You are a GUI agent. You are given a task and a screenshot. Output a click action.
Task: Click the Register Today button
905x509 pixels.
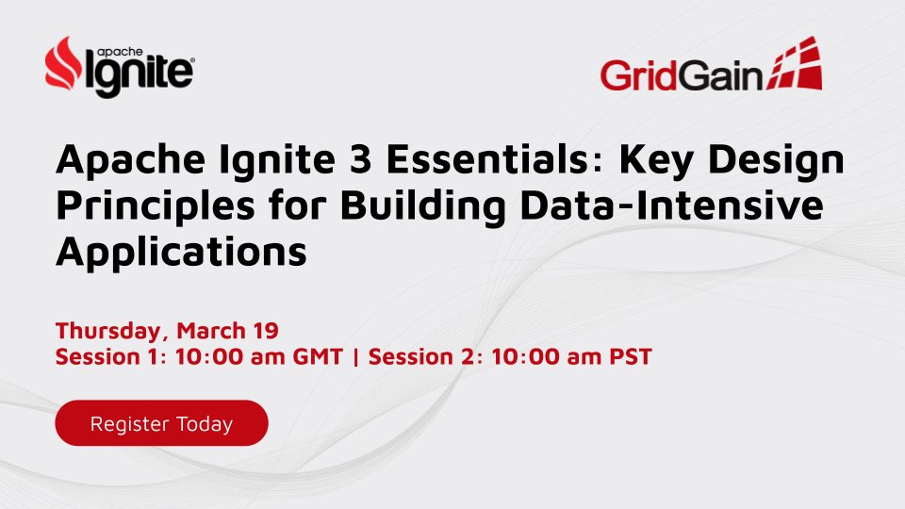[x=161, y=423]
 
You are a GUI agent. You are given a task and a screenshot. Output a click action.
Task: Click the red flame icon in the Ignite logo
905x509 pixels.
[x=65, y=63]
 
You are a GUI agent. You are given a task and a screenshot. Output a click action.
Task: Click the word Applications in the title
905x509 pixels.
[x=182, y=252]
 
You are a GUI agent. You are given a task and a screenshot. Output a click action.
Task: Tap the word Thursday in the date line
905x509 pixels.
[x=102, y=332]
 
